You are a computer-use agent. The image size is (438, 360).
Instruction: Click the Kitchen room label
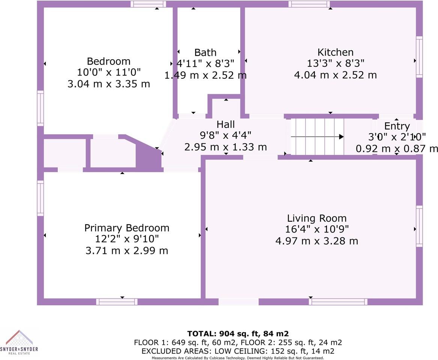click(336, 52)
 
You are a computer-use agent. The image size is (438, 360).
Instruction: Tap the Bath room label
click(205, 52)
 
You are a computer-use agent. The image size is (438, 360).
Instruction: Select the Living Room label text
click(317, 218)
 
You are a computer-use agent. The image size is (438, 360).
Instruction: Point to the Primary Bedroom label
click(127, 228)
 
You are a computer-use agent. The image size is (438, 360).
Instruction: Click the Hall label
click(226, 124)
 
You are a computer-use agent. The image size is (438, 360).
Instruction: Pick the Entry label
click(397, 126)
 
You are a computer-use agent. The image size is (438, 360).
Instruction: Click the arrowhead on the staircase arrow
click(341, 137)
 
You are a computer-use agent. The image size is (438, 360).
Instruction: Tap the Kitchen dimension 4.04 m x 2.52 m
click(336, 75)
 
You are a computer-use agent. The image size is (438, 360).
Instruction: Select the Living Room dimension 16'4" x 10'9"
click(317, 229)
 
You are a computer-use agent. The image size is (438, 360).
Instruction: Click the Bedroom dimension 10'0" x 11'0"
click(109, 72)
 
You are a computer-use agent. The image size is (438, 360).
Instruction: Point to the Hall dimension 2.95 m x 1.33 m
click(226, 147)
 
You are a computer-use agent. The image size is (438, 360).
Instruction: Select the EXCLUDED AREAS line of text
click(238, 351)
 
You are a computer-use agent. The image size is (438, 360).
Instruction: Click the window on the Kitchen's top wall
click(309, 4)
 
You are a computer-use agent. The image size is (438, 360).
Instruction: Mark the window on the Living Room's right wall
click(419, 226)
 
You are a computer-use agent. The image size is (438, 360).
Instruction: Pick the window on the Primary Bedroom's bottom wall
click(117, 301)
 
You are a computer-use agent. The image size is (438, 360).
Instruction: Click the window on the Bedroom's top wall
click(148, 4)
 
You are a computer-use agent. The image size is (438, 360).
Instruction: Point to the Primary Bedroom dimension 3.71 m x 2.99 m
click(127, 250)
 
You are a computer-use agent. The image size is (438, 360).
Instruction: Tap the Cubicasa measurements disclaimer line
click(238, 358)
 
